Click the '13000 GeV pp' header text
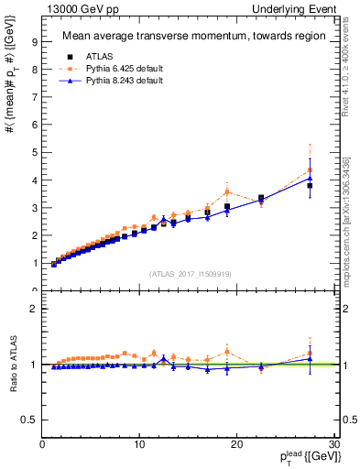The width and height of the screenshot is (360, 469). point(81,8)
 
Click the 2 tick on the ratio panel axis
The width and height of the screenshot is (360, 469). point(33,309)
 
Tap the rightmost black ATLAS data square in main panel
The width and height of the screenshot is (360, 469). point(310,186)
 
